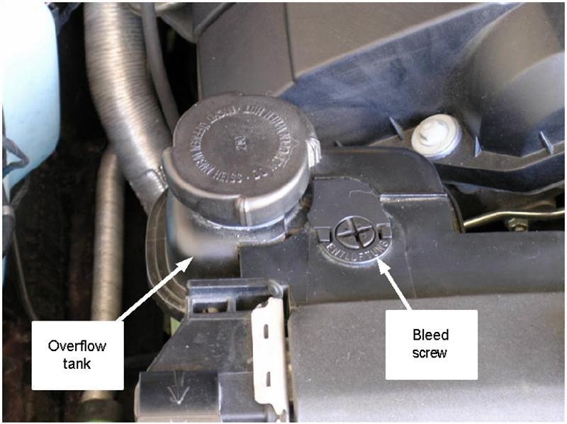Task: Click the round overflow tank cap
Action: click(x=241, y=159)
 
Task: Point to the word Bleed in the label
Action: click(x=431, y=335)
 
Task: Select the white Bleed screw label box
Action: click(x=431, y=343)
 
